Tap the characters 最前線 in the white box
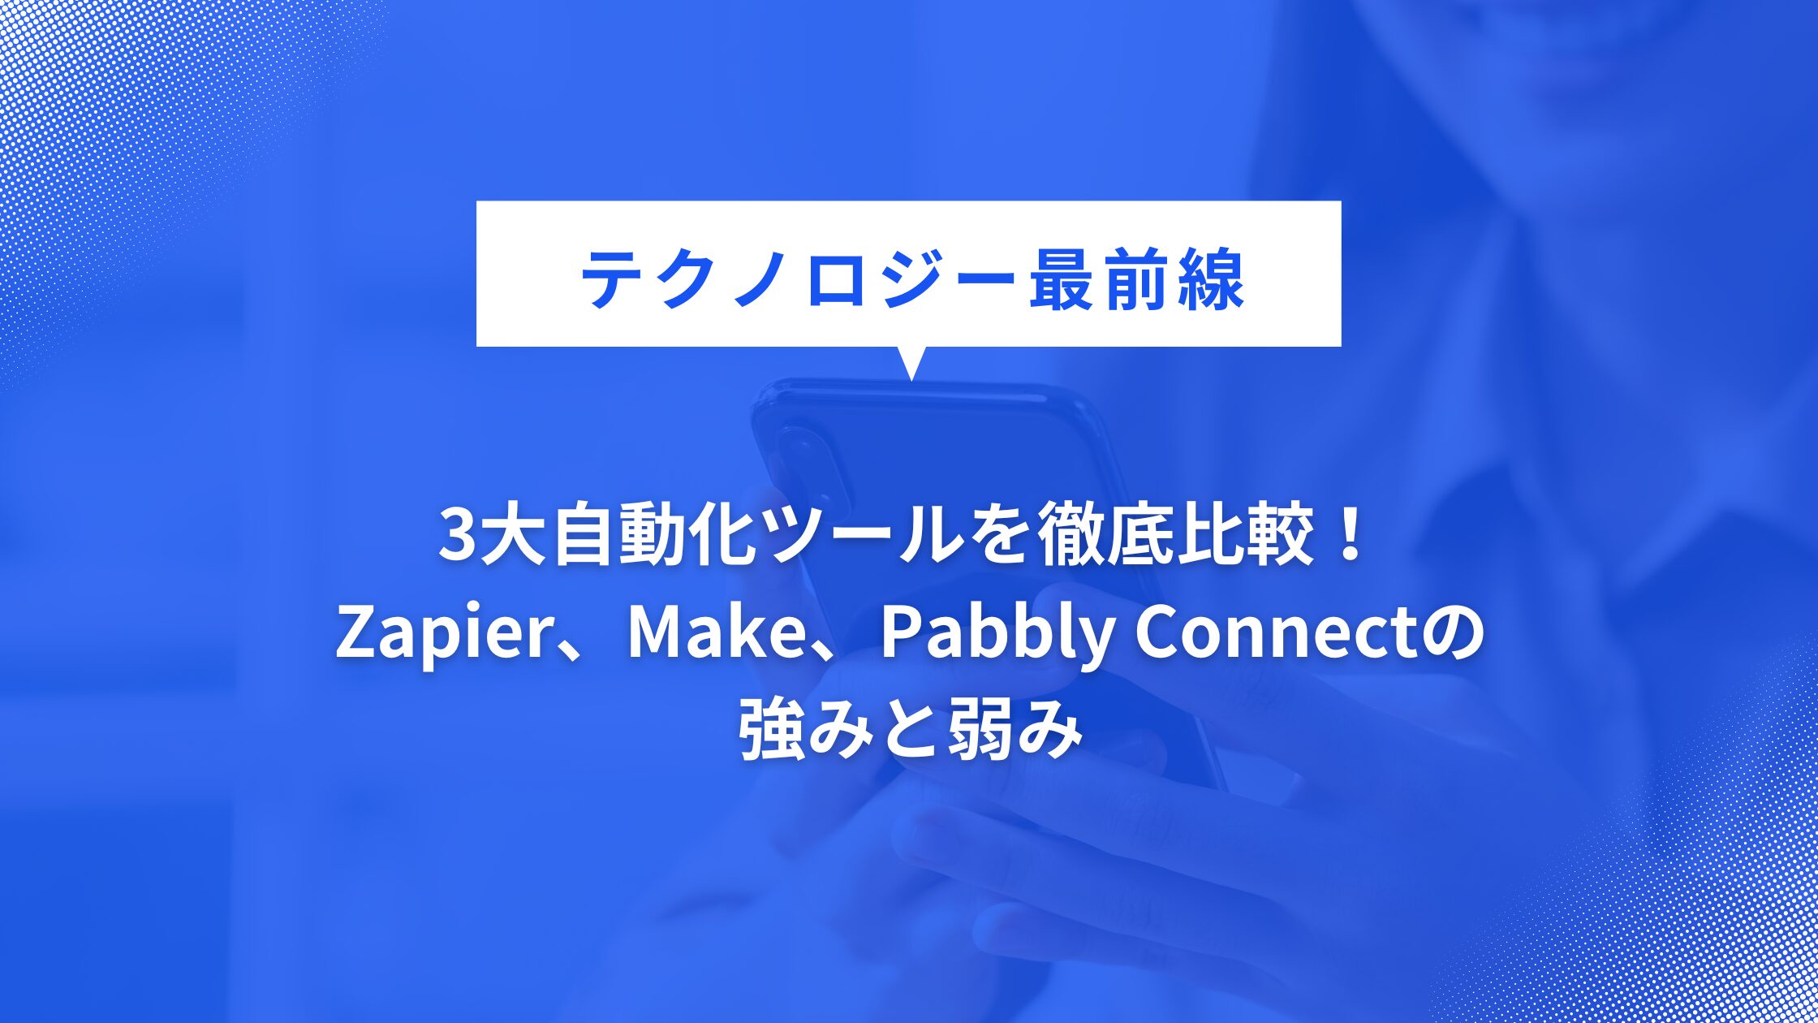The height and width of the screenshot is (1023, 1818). [x=1136, y=280]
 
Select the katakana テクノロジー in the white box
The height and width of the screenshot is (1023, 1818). [x=799, y=280]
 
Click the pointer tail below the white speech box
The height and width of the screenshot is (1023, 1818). [x=911, y=362]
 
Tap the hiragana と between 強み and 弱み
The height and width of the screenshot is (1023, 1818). [x=910, y=732]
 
